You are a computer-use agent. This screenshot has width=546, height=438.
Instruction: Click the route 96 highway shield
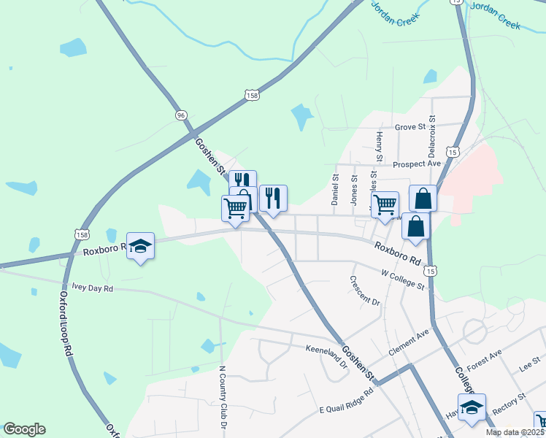[x=180, y=115]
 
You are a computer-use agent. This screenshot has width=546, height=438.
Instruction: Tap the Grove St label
[x=409, y=127]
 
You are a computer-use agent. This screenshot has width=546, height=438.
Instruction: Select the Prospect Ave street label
[x=417, y=164]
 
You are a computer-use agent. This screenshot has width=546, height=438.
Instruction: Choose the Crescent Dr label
[x=365, y=291]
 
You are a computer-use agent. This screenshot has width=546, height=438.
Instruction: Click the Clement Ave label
[x=409, y=337]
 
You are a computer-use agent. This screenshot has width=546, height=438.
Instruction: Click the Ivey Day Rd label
[x=88, y=288]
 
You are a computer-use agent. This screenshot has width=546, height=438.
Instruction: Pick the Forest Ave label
[x=485, y=356]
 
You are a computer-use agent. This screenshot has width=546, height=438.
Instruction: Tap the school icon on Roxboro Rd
[x=140, y=247]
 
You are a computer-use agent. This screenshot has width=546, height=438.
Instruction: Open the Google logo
[x=24, y=429]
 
